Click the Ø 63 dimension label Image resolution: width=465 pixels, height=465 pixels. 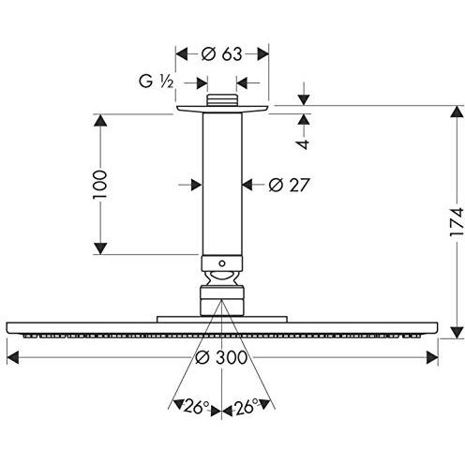(x=221, y=54)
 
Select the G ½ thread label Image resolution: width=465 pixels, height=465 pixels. (x=156, y=82)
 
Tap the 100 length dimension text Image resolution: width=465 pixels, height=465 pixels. (x=100, y=185)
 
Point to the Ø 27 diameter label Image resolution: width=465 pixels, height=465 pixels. (x=289, y=185)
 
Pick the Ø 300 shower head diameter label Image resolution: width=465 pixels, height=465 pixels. (x=221, y=357)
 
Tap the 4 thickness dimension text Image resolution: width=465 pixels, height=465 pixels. (x=303, y=144)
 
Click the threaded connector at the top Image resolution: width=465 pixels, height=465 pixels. (x=222, y=99)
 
